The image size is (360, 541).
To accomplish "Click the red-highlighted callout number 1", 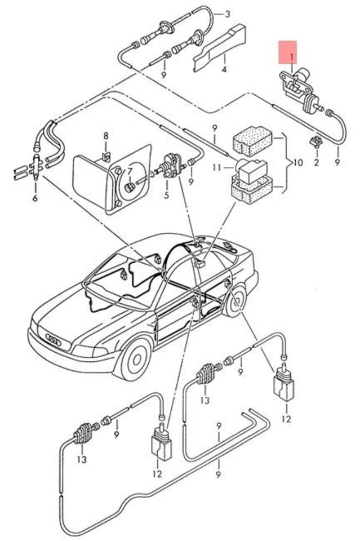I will [292, 57].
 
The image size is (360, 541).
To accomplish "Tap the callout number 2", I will [316, 163].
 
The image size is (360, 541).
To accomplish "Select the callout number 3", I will [227, 14].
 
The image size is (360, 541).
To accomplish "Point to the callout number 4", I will [224, 70].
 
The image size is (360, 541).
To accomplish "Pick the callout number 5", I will [166, 196].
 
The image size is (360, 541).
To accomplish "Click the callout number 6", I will [35, 198].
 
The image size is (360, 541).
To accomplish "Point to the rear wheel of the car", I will [234, 303].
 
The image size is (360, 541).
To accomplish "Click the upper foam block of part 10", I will [251, 138].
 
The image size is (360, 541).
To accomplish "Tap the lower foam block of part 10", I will [250, 187].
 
